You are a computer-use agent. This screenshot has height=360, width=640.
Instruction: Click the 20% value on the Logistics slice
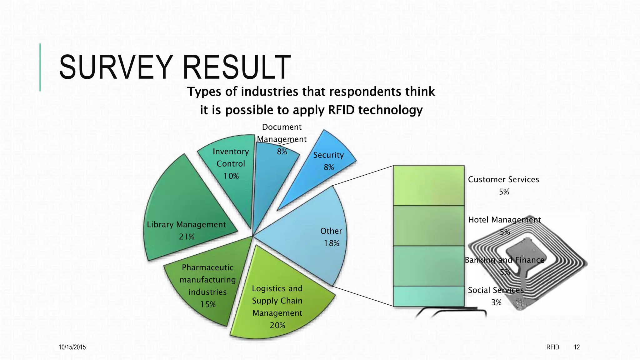[x=277, y=325]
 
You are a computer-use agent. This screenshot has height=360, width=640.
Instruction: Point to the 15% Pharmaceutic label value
[x=208, y=304]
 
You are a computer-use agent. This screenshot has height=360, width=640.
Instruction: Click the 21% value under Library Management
[x=187, y=237]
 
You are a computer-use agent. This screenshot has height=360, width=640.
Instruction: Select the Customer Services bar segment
[x=428, y=186]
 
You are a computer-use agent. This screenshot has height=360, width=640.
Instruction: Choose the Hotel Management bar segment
[x=428, y=226]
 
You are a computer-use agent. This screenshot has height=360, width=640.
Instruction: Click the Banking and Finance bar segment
[x=428, y=266]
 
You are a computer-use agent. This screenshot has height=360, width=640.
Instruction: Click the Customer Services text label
[x=503, y=180]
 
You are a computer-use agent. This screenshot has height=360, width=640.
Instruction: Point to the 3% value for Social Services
[x=496, y=302]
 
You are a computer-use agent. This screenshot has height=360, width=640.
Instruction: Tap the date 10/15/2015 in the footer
[x=72, y=347]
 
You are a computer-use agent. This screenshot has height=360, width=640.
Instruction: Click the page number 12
[x=577, y=347]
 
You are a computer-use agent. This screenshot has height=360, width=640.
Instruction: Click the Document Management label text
[x=282, y=133]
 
